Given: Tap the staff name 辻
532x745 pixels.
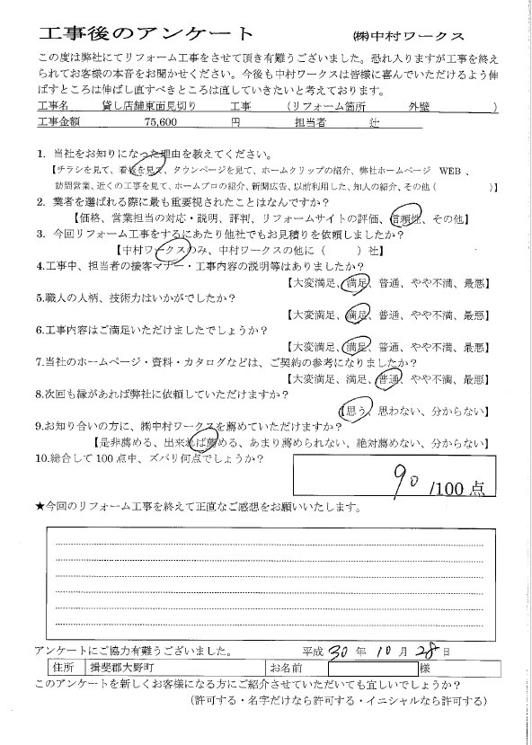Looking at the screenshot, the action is coord(376,120).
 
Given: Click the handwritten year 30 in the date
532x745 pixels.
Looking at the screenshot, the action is coord(343,650).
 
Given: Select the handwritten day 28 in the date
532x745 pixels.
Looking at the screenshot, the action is coord(429,650).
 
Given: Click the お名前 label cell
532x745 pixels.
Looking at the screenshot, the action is coord(285,669).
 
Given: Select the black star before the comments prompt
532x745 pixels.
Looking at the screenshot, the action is coord(40,507).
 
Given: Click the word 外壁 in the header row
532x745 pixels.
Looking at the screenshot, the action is coord(419,106).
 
